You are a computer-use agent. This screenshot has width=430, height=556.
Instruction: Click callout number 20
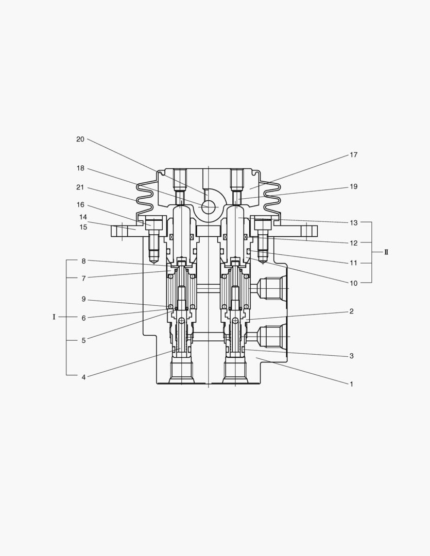pyautogui.click(x=80, y=140)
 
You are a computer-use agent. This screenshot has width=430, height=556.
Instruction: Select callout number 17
pyautogui.click(x=353, y=155)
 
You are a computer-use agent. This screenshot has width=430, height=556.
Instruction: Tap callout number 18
pyautogui.click(x=80, y=169)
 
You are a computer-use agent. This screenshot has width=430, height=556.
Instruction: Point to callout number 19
pyautogui.click(x=353, y=187)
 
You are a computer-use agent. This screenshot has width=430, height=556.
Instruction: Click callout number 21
pyautogui.click(x=80, y=188)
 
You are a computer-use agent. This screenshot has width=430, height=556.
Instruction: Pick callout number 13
pyautogui.click(x=353, y=223)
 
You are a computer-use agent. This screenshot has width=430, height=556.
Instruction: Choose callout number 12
pyautogui.click(x=353, y=242)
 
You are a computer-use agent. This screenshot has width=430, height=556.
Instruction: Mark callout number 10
pyautogui.click(x=353, y=283)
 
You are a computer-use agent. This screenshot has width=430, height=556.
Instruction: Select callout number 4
pyautogui.click(x=83, y=377)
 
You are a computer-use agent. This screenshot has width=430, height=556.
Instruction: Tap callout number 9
pyautogui.click(x=83, y=299)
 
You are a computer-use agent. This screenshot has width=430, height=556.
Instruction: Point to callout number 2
pyautogui.click(x=351, y=311)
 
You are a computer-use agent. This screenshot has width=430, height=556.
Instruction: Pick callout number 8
pyautogui.click(x=83, y=261)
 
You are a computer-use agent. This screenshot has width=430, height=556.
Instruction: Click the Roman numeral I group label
pyautogui.click(x=54, y=317)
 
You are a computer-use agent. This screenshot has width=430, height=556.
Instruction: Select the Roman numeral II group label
pyautogui.click(x=386, y=252)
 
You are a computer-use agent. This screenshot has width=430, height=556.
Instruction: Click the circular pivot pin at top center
pyautogui.click(x=209, y=207)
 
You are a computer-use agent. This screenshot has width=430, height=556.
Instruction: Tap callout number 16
pyautogui.click(x=80, y=205)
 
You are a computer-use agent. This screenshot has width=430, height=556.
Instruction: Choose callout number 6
pyautogui.click(x=83, y=318)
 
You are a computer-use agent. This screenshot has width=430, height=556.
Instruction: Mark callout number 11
pyautogui.click(x=353, y=263)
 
